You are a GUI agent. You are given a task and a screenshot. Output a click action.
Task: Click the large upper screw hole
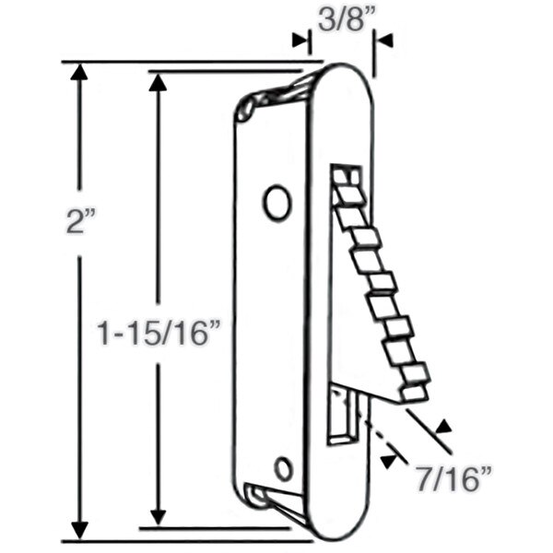pyautogui.click(x=276, y=202)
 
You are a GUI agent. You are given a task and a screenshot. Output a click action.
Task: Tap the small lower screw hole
pyautogui.click(x=284, y=468)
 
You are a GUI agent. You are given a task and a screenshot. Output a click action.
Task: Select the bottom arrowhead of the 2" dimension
pyautogui.click(x=81, y=530)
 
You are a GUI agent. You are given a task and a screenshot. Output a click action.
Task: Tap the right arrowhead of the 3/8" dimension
pyautogui.click(x=383, y=40)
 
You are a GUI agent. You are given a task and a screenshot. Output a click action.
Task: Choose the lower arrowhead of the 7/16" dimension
pyautogui.click(x=396, y=458)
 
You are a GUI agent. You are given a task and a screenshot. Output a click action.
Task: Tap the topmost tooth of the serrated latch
pyautogui.click(x=346, y=176)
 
